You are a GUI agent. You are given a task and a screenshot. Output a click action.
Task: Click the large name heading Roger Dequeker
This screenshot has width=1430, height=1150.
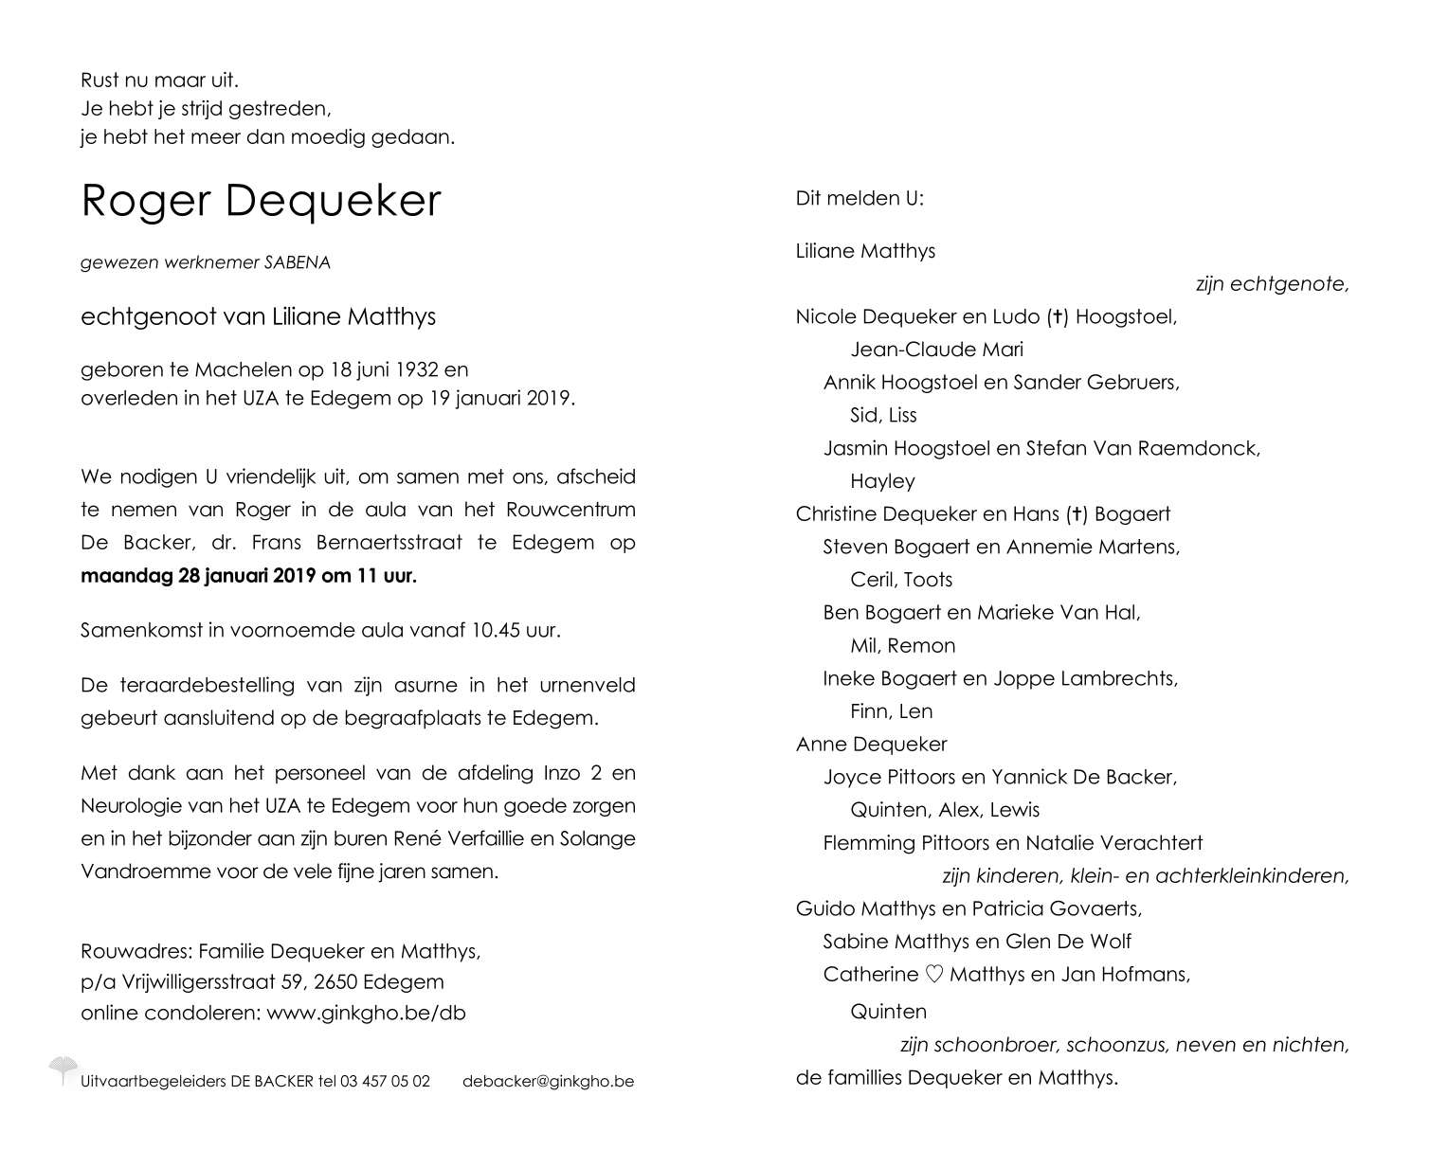pos(261,200)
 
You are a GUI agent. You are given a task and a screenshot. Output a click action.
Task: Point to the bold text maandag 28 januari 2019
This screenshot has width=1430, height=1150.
pos(199,575)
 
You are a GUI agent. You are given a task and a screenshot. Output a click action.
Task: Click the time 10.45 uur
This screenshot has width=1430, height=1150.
pos(514,630)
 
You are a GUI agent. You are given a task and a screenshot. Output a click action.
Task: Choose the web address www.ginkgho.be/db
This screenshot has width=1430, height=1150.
pos(366,1013)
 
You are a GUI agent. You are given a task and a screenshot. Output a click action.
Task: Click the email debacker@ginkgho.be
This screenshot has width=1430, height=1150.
pos(548,1081)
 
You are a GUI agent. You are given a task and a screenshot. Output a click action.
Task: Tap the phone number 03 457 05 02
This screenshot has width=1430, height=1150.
pos(385,1081)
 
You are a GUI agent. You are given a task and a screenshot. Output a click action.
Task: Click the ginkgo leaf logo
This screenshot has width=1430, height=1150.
pos(63,1069)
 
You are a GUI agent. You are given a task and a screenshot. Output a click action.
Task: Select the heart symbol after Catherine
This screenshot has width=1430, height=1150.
pos(934,974)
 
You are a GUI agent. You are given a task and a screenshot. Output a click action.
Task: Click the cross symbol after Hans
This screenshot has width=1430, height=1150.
pos(1077,514)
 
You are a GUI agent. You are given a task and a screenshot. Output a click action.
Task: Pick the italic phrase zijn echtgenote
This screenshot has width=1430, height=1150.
pos(1272,283)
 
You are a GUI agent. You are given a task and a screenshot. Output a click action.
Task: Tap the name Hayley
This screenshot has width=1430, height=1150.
pos(882,481)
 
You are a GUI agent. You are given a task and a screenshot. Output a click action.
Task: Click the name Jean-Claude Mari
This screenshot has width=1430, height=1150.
pos(936,350)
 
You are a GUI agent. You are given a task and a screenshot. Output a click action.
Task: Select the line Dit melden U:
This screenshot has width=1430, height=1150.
pos(860,198)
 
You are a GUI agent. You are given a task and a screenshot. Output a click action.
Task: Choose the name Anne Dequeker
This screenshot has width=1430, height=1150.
pos(871,745)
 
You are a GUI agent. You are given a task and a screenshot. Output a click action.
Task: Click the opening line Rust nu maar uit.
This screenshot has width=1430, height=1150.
pos(160,81)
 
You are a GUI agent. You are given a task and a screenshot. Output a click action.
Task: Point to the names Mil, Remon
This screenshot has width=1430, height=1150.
pos(902,645)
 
